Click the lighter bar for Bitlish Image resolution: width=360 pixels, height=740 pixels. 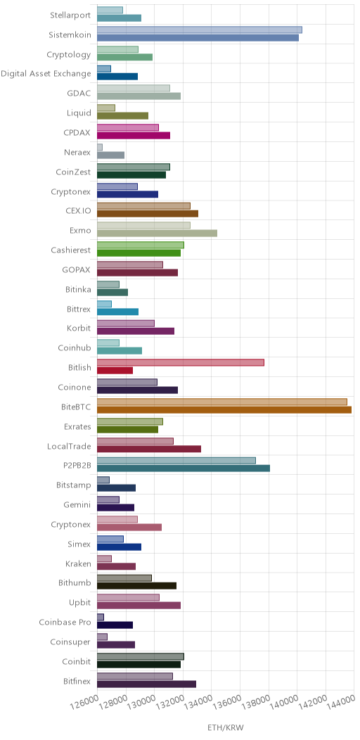[180, 362]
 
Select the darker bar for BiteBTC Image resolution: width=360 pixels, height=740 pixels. [224, 409]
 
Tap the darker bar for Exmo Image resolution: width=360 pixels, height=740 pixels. [157, 233]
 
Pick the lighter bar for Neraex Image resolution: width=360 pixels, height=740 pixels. [100, 147]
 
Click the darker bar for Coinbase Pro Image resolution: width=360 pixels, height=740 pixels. [115, 625]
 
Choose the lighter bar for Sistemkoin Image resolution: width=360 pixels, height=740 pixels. [200, 30]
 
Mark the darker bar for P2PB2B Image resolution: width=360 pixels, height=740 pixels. [184, 468]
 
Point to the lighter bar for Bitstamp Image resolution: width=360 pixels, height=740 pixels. [103, 480]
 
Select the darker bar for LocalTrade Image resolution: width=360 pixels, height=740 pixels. [149, 449]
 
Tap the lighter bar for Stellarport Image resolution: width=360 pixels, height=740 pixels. [110, 10]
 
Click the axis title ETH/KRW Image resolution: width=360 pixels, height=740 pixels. [226, 727]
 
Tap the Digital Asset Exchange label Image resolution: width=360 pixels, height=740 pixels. [46, 74]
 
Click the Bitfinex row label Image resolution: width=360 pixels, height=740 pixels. [77, 681]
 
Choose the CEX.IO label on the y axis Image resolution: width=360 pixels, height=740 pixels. [79, 210]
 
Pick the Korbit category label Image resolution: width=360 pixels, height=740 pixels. [79, 328]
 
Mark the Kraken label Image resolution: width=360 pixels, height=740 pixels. [78, 563]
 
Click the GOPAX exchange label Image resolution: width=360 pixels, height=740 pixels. [77, 269]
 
